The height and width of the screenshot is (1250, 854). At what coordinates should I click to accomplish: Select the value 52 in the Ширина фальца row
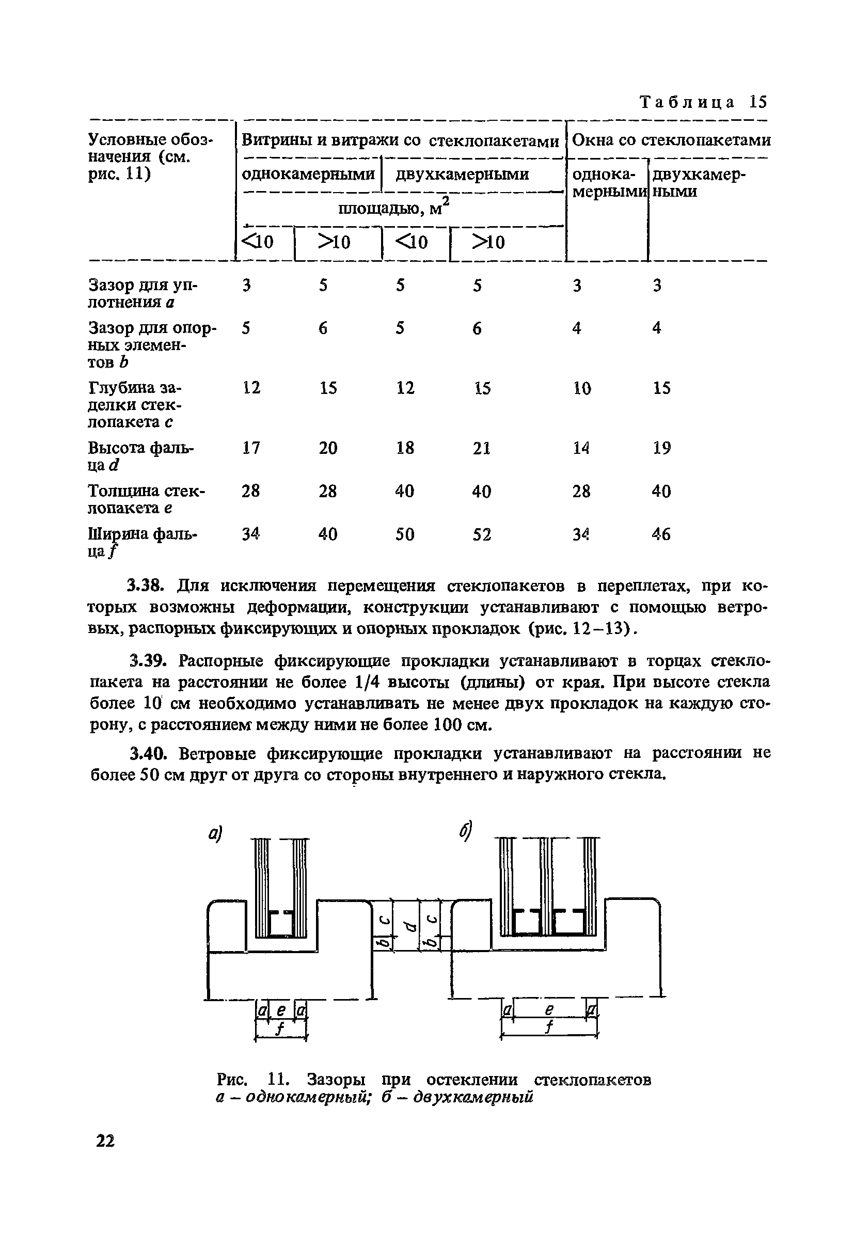point(481,534)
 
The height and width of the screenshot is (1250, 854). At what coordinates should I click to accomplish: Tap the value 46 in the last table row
point(661,534)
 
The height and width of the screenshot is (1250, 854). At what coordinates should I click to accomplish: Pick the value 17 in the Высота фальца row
point(250,448)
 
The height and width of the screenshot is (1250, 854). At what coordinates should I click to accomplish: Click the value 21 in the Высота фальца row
point(481,448)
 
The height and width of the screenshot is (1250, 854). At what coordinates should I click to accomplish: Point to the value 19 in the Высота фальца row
point(661,448)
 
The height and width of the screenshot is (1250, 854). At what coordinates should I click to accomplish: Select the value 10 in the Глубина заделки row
point(581,388)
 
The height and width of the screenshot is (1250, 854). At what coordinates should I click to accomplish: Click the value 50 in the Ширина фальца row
point(404,534)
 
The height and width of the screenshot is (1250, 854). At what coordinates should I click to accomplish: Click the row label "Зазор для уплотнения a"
point(143,293)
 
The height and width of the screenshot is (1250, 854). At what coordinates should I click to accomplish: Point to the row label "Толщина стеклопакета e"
point(146,499)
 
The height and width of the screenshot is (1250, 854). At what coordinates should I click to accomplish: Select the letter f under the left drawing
point(280,1028)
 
